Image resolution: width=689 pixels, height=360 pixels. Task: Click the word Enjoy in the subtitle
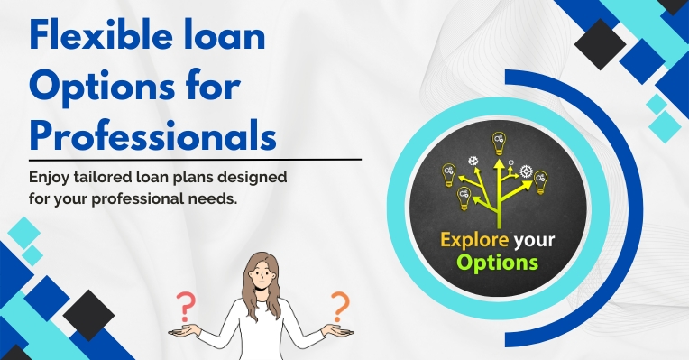click(x=52, y=178)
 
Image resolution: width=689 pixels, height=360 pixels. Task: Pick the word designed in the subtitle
click(x=256, y=178)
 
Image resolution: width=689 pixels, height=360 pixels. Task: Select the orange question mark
click(x=340, y=304)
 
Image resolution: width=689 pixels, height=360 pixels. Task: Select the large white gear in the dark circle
click(x=524, y=171)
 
